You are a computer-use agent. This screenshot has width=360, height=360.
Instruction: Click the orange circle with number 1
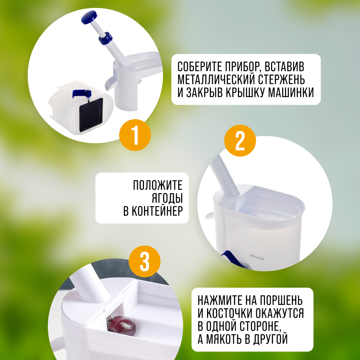pos(135,135)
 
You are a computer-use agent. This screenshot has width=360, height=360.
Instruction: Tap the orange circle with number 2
pos(240,140)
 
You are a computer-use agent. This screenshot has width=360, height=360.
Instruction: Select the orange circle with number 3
pos(144,261)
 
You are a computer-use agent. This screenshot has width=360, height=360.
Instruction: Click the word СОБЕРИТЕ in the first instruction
pos(200,67)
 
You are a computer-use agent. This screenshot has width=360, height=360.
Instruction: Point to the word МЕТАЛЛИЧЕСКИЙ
pos(216,80)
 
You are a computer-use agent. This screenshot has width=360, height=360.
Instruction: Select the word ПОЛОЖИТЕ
pos(158,185)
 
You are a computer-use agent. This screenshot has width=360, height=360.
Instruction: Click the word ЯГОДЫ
pos(167,198)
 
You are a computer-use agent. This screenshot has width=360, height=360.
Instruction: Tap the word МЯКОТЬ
pos(224,339)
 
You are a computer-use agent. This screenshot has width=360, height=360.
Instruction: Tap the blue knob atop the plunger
pos(89,17)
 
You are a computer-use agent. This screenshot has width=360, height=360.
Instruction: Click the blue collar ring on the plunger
pos(105,38)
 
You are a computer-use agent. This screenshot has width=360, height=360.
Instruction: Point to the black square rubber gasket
pos(91,115)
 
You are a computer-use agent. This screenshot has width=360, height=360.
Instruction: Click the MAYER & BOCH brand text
pos(257,257)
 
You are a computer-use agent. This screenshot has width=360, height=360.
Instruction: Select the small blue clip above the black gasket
pos(81,93)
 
